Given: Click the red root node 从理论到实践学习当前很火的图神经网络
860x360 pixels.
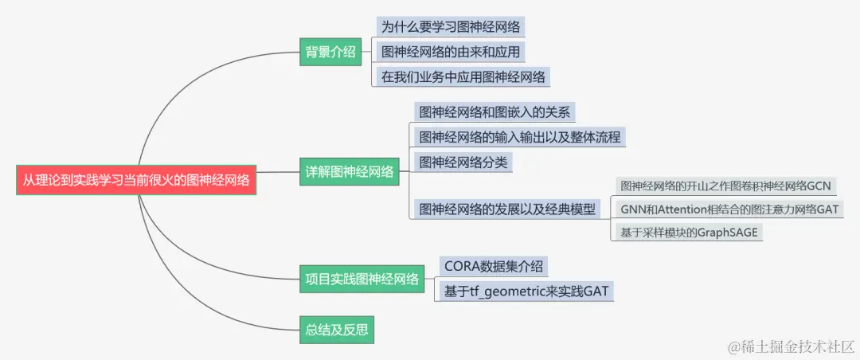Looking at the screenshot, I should pyautogui.click(x=136, y=181).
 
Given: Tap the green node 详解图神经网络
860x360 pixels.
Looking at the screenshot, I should pyautogui.click(x=350, y=171).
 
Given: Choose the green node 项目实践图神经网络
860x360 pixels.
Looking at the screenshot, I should pyautogui.click(x=362, y=279).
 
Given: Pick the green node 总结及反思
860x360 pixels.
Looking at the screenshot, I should pyautogui.click(x=337, y=329).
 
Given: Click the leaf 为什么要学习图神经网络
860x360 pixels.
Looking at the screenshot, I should pyautogui.click(x=451, y=27).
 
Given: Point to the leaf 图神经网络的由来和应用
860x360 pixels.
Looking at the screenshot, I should pyautogui.click(x=451, y=53).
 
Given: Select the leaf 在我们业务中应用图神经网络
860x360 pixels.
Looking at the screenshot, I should pyautogui.click(x=463, y=77).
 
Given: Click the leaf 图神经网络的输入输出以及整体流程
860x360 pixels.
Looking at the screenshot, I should pyautogui.click(x=519, y=137).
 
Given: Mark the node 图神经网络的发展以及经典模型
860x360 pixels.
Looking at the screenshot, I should pyautogui.click(x=507, y=209).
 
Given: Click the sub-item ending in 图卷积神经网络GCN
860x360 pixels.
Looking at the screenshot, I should pyautogui.click(x=725, y=186).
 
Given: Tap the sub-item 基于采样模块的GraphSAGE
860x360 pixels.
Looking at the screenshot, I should pyautogui.click(x=690, y=233).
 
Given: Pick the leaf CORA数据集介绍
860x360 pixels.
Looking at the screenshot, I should pyautogui.click(x=494, y=266).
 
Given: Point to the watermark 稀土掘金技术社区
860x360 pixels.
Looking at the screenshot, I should pyautogui.click(x=788, y=346).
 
